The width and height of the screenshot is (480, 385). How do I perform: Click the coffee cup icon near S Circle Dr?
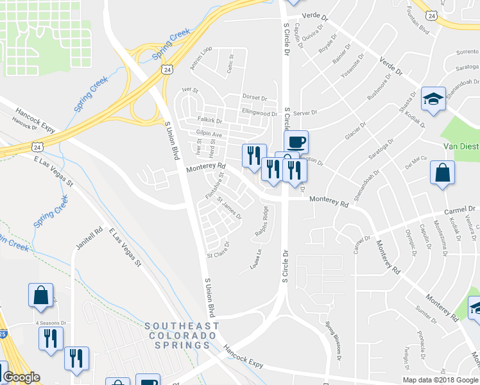tap(296, 142)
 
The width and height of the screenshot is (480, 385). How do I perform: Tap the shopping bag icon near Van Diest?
tap(443, 173)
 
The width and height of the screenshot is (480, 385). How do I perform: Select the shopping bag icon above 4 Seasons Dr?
tap(40, 295)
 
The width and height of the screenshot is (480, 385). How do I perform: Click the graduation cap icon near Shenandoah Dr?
tap(433, 99)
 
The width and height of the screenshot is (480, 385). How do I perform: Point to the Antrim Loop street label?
tap(201, 58)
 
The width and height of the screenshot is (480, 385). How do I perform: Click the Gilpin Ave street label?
tap(209, 134)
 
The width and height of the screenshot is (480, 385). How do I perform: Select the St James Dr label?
tap(229, 207)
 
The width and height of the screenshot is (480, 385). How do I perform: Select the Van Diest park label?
tap(462, 146)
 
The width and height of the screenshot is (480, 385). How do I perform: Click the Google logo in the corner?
tap(21, 377)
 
